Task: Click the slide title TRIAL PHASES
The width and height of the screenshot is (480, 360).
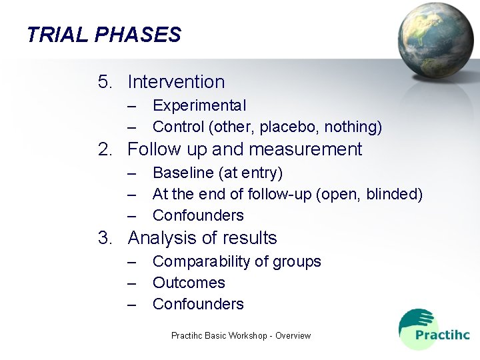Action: [104, 35]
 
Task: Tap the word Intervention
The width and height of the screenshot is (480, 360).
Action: [176, 82]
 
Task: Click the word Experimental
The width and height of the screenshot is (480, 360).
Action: [199, 105]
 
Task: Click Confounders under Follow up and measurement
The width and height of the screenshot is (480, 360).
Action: [198, 215]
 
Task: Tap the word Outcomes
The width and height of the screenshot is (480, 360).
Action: [189, 283]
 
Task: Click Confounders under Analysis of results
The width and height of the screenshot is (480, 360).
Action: [198, 304]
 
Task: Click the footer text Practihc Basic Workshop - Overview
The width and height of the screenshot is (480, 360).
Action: [241, 335]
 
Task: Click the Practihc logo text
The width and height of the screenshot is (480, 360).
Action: [442, 335]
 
